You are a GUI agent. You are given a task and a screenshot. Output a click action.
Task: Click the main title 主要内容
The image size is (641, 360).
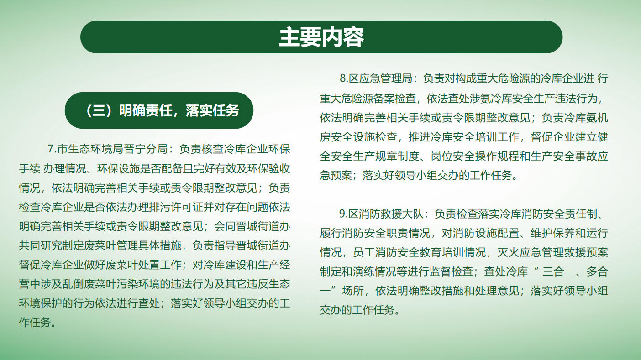[321, 37]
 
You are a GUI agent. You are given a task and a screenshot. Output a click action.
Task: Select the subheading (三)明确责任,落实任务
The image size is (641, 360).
[162, 110]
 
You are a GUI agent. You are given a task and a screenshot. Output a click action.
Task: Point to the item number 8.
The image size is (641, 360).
[343, 78]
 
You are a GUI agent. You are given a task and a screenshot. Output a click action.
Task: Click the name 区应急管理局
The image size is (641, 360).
[381, 78]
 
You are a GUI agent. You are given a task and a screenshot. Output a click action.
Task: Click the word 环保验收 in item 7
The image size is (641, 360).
[269, 169]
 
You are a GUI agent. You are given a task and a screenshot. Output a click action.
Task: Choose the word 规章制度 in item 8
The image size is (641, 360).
[398, 156]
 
